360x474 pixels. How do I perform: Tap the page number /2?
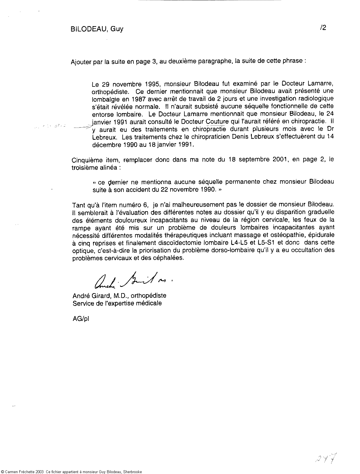tap(323, 28)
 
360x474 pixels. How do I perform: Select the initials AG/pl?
tap(81, 319)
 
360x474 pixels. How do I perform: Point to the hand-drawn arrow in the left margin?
tap(82, 128)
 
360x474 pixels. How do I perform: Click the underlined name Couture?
tap(217, 122)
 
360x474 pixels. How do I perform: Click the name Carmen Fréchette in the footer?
tap(20, 472)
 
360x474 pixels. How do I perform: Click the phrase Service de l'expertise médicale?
tap(117, 303)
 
